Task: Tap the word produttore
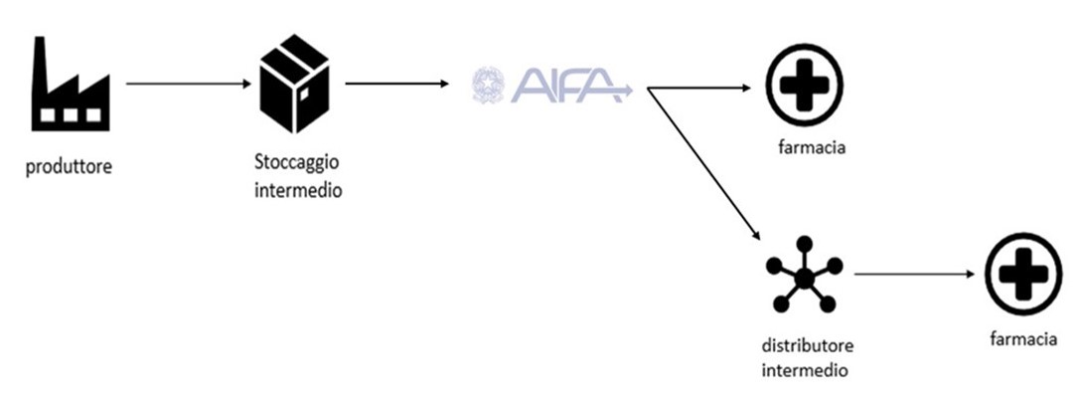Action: point(69,166)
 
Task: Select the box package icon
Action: point(294,85)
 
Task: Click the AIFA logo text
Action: point(569,85)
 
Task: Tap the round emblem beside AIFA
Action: point(488,85)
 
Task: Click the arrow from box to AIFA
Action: point(395,84)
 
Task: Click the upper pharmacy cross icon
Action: point(803,86)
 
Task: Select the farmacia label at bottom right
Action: point(1022,339)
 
